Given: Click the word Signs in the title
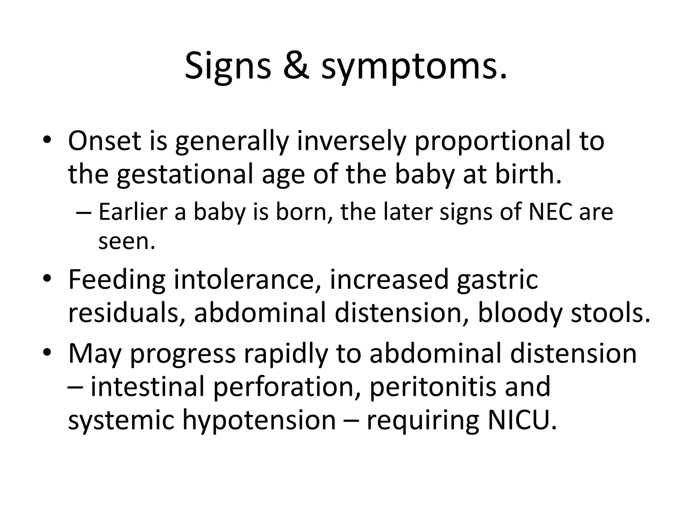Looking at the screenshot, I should pyautogui.click(x=228, y=66).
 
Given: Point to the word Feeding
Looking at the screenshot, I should pyautogui.click(x=117, y=281).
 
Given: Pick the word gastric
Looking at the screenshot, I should pyautogui.click(x=497, y=281).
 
